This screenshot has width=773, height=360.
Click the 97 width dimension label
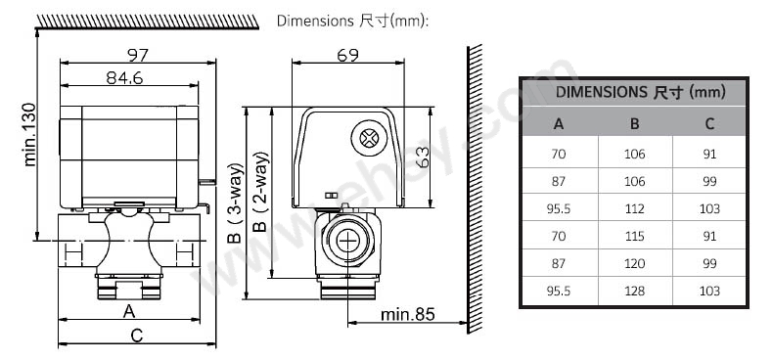click(138, 55)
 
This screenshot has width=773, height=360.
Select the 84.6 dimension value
click(124, 77)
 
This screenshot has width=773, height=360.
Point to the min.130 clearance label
click(30, 135)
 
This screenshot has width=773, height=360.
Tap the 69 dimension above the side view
click(348, 55)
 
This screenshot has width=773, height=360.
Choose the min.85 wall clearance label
click(408, 314)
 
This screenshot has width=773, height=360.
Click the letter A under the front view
click(128, 311)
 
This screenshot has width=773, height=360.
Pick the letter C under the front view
click(137, 336)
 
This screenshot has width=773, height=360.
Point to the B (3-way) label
click(235, 203)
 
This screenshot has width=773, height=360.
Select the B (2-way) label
click(261, 192)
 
